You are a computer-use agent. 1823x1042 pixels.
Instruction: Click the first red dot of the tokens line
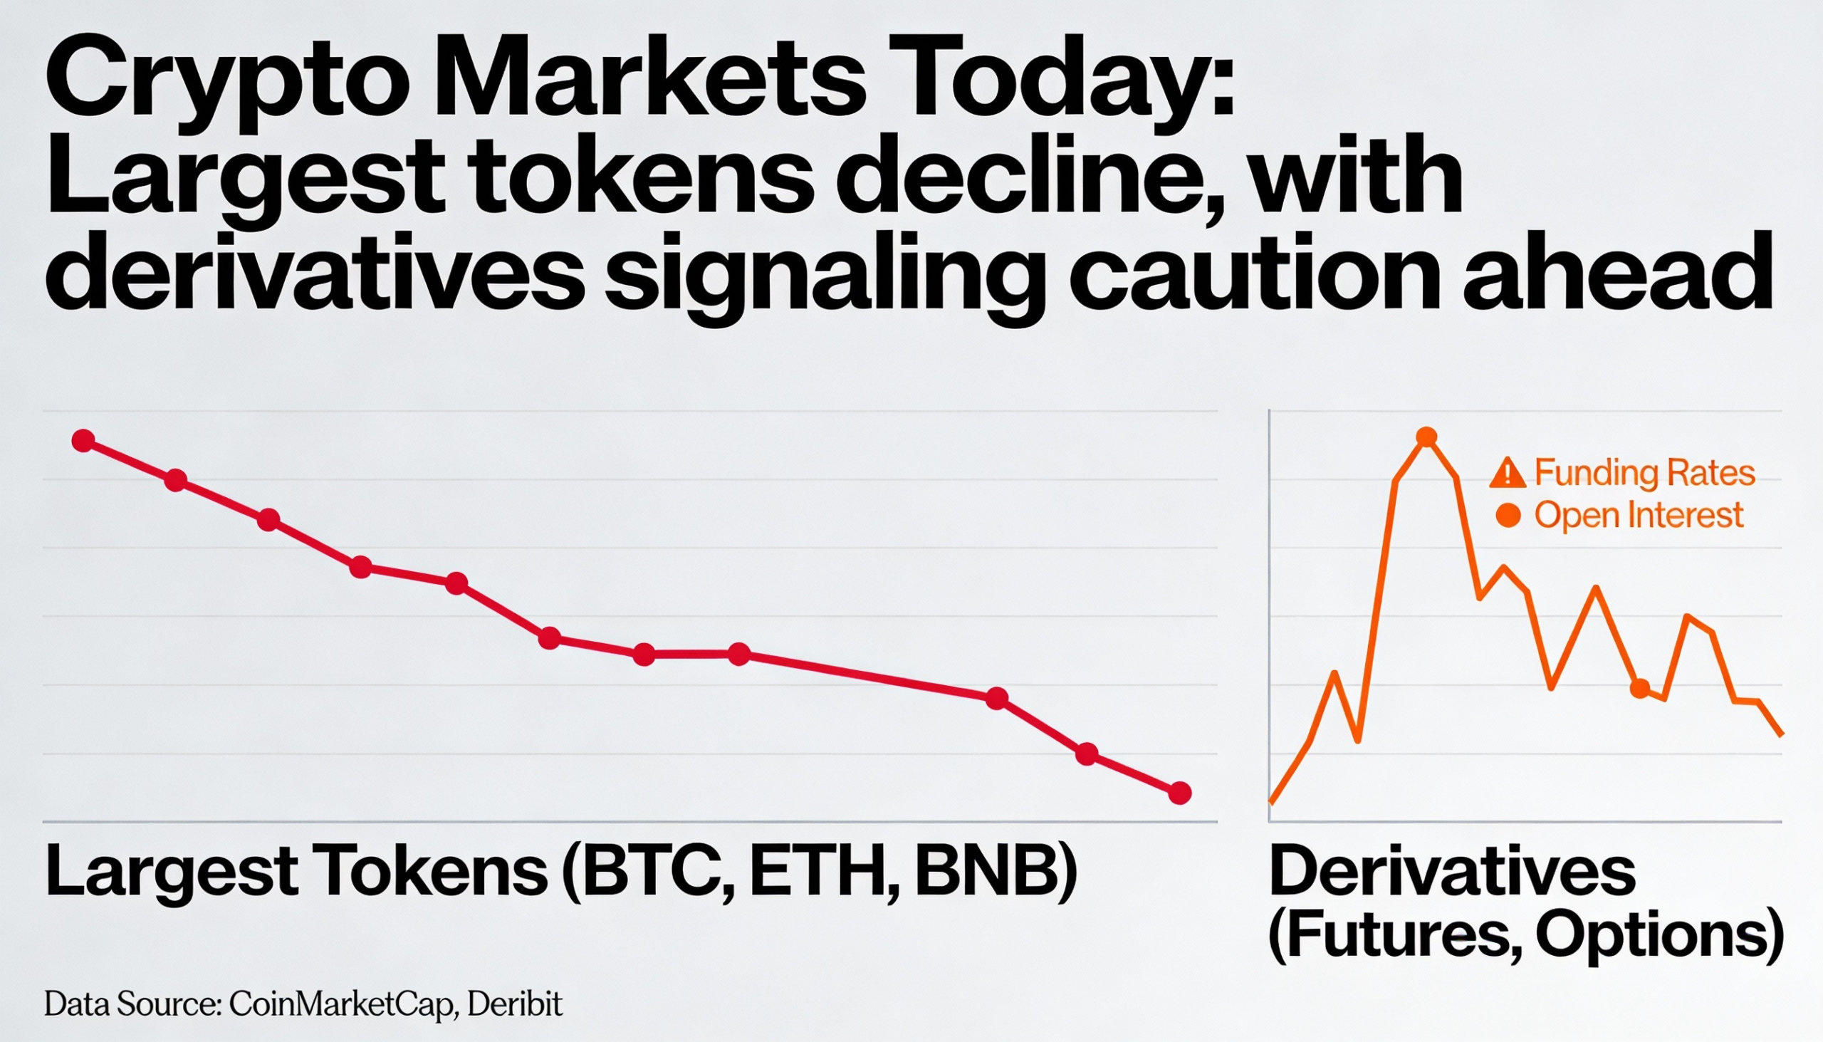(x=84, y=441)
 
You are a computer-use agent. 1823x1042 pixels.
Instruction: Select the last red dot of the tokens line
(x=1180, y=793)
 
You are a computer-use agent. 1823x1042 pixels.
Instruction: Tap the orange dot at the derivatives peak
(x=1426, y=437)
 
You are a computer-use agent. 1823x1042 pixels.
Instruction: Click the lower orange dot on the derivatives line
(x=1640, y=689)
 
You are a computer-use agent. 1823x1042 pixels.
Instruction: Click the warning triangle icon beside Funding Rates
(x=1508, y=473)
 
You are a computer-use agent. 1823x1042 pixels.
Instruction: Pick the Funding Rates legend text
(x=1645, y=473)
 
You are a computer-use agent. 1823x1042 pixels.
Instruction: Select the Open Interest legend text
(x=1639, y=515)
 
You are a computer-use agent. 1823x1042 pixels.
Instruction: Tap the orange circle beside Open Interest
(x=1508, y=515)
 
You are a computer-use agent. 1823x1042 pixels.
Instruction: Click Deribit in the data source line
(x=515, y=1004)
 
